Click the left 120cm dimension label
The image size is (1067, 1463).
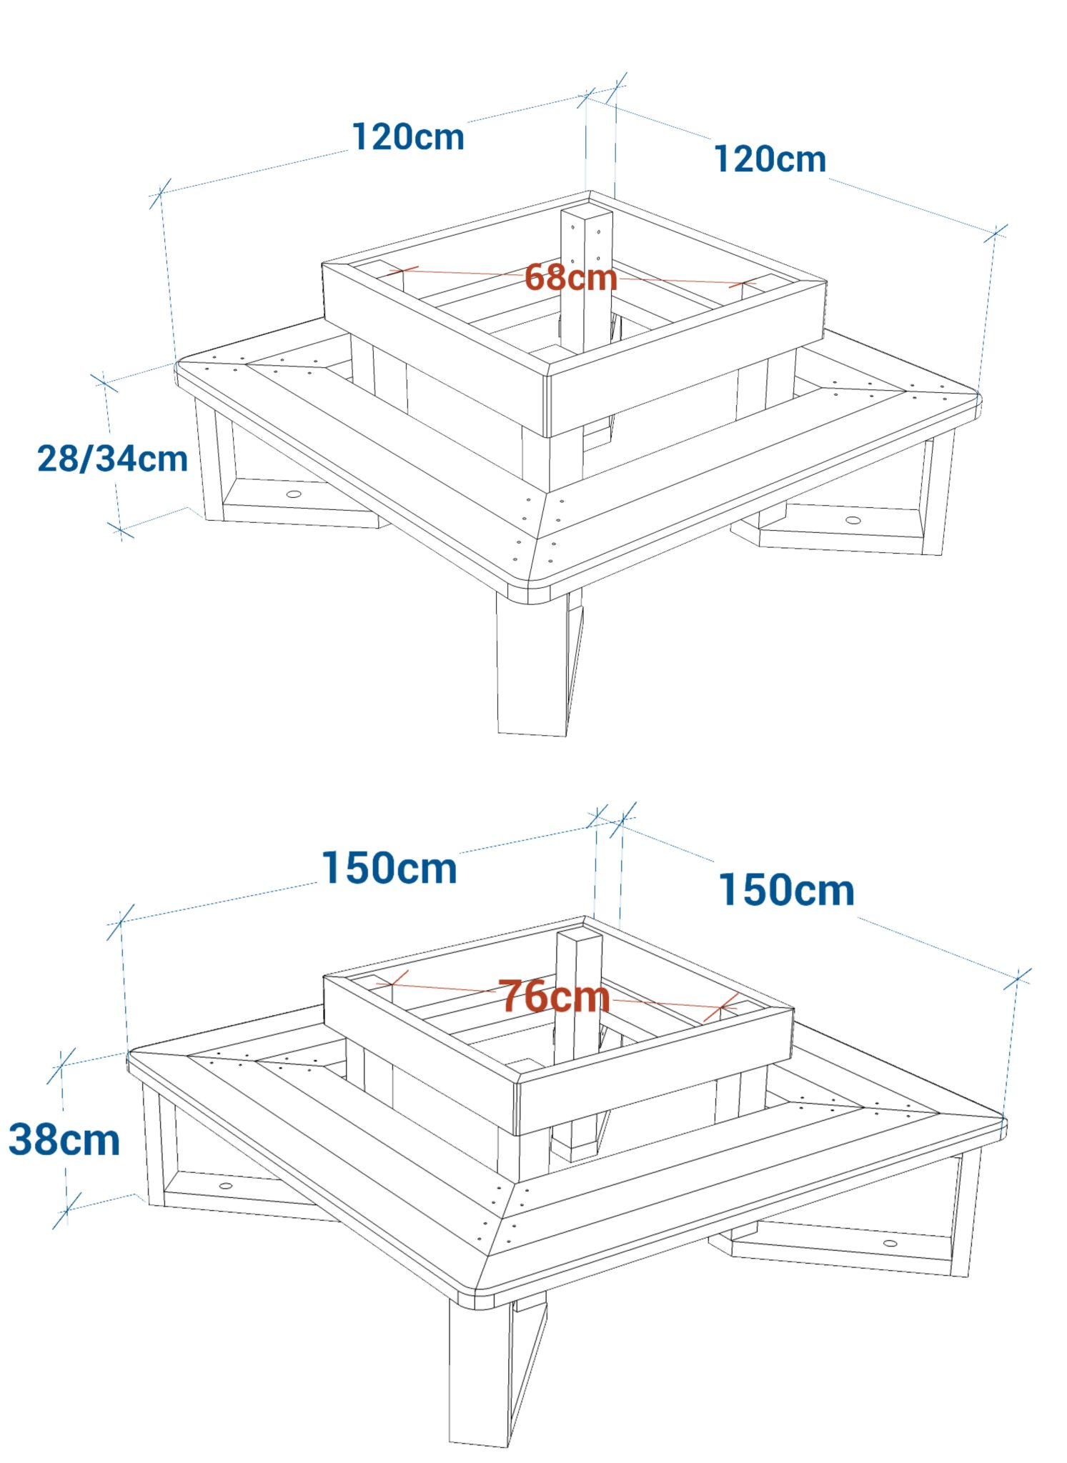point(408,136)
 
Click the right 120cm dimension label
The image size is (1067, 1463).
point(770,159)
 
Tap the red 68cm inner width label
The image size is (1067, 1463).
point(571,277)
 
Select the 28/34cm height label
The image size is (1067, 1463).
point(112,459)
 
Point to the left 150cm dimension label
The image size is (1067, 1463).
point(389,868)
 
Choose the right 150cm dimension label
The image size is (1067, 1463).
point(786,890)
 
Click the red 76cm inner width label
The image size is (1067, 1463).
point(554,997)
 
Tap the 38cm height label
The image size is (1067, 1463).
point(64,1139)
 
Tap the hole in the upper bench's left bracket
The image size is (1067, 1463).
point(294,494)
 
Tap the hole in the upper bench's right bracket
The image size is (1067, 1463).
point(853,519)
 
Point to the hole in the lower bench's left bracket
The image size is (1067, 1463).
point(226,1186)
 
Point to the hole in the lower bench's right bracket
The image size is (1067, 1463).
point(890,1243)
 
